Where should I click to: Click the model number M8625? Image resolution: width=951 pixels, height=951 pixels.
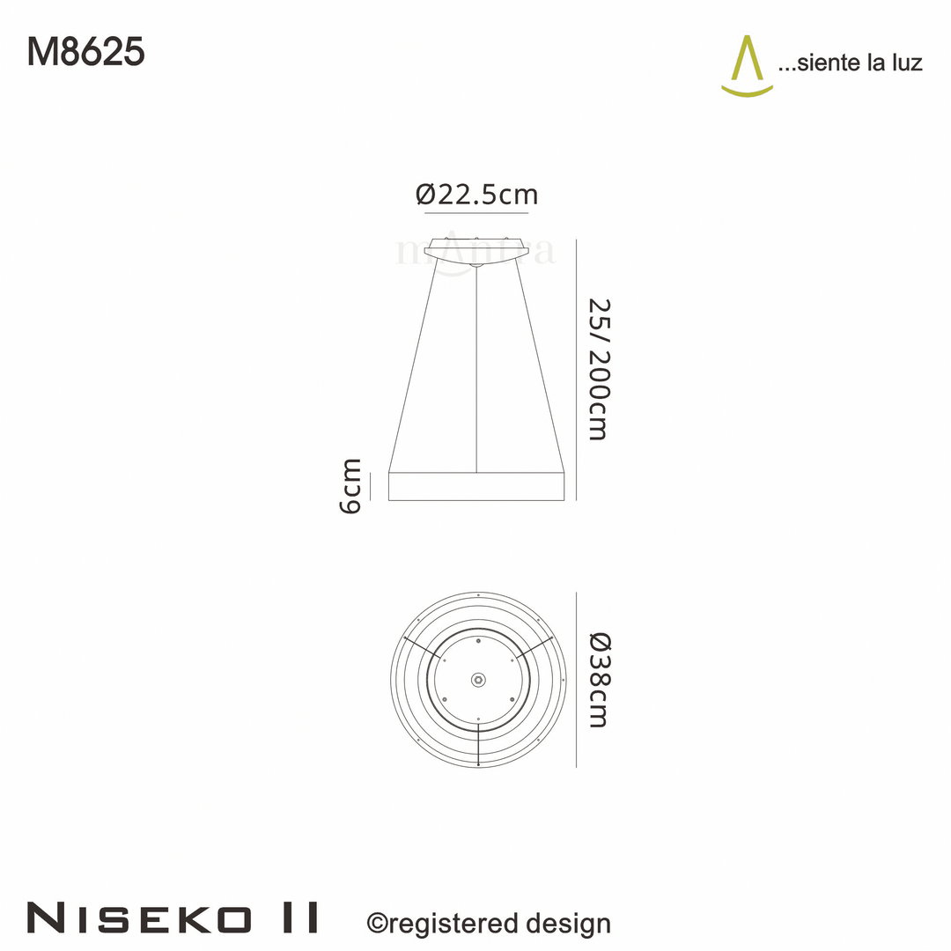point(85,53)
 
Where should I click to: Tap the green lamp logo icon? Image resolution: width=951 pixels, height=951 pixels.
point(747,66)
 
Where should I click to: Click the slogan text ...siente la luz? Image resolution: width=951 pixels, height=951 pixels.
point(850,63)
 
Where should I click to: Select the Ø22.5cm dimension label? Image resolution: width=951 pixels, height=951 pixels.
point(476,194)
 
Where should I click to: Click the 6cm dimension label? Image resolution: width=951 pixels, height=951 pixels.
point(350,485)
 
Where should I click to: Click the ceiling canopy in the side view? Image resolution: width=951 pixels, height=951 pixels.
point(476,248)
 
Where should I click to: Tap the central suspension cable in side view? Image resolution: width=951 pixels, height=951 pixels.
point(476,370)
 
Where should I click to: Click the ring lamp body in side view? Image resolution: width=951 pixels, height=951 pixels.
point(476,486)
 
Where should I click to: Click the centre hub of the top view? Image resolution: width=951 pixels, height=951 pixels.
point(477,679)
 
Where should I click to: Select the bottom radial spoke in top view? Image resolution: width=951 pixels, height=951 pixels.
point(477,747)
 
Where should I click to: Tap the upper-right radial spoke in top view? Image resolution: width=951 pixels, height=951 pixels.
point(534,646)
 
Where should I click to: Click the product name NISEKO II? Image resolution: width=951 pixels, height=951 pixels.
point(173,918)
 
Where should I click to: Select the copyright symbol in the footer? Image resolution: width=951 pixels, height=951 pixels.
point(377,923)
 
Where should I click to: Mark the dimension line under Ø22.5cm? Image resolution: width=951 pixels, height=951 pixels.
point(476,213)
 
